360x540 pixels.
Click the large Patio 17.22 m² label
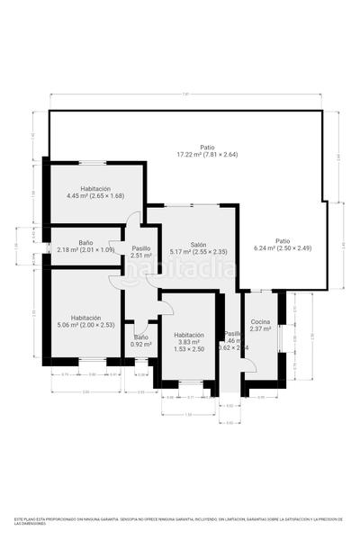point(207,151)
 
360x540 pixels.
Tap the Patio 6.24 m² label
point(283,244)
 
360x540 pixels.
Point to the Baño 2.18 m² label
point(85,246)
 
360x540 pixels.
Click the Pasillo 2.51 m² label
point(140,252)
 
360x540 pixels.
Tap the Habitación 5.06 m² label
point(85,321)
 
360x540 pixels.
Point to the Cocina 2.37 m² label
point(260,326)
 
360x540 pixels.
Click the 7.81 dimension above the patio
point(185,95)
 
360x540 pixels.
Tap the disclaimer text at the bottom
point(180,522)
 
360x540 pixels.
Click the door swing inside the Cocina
point(249,365)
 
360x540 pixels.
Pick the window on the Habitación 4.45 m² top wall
point(94,163)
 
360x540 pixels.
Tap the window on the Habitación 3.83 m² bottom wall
point(190,383)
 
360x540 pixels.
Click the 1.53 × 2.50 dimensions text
point(189,348)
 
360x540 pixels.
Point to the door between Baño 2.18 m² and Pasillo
point(114,247)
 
